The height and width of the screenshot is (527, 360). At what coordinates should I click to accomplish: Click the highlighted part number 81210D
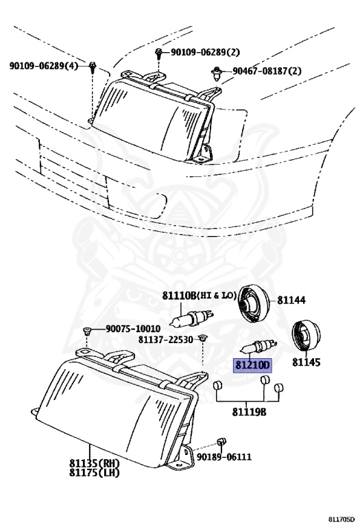(253, 365)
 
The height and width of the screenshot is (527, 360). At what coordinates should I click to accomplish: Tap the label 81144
(292, 300)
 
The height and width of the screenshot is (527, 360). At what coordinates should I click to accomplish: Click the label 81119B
(248, 412)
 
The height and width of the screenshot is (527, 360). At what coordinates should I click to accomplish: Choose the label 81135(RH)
(96, 464)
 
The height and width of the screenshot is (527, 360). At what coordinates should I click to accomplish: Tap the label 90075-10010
(132, 329)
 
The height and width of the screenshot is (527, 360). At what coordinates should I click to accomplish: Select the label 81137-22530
(165, 339)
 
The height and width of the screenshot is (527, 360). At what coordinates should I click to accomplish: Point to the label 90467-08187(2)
(267, 71)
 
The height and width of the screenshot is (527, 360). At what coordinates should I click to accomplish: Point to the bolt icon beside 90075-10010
(88, 331)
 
